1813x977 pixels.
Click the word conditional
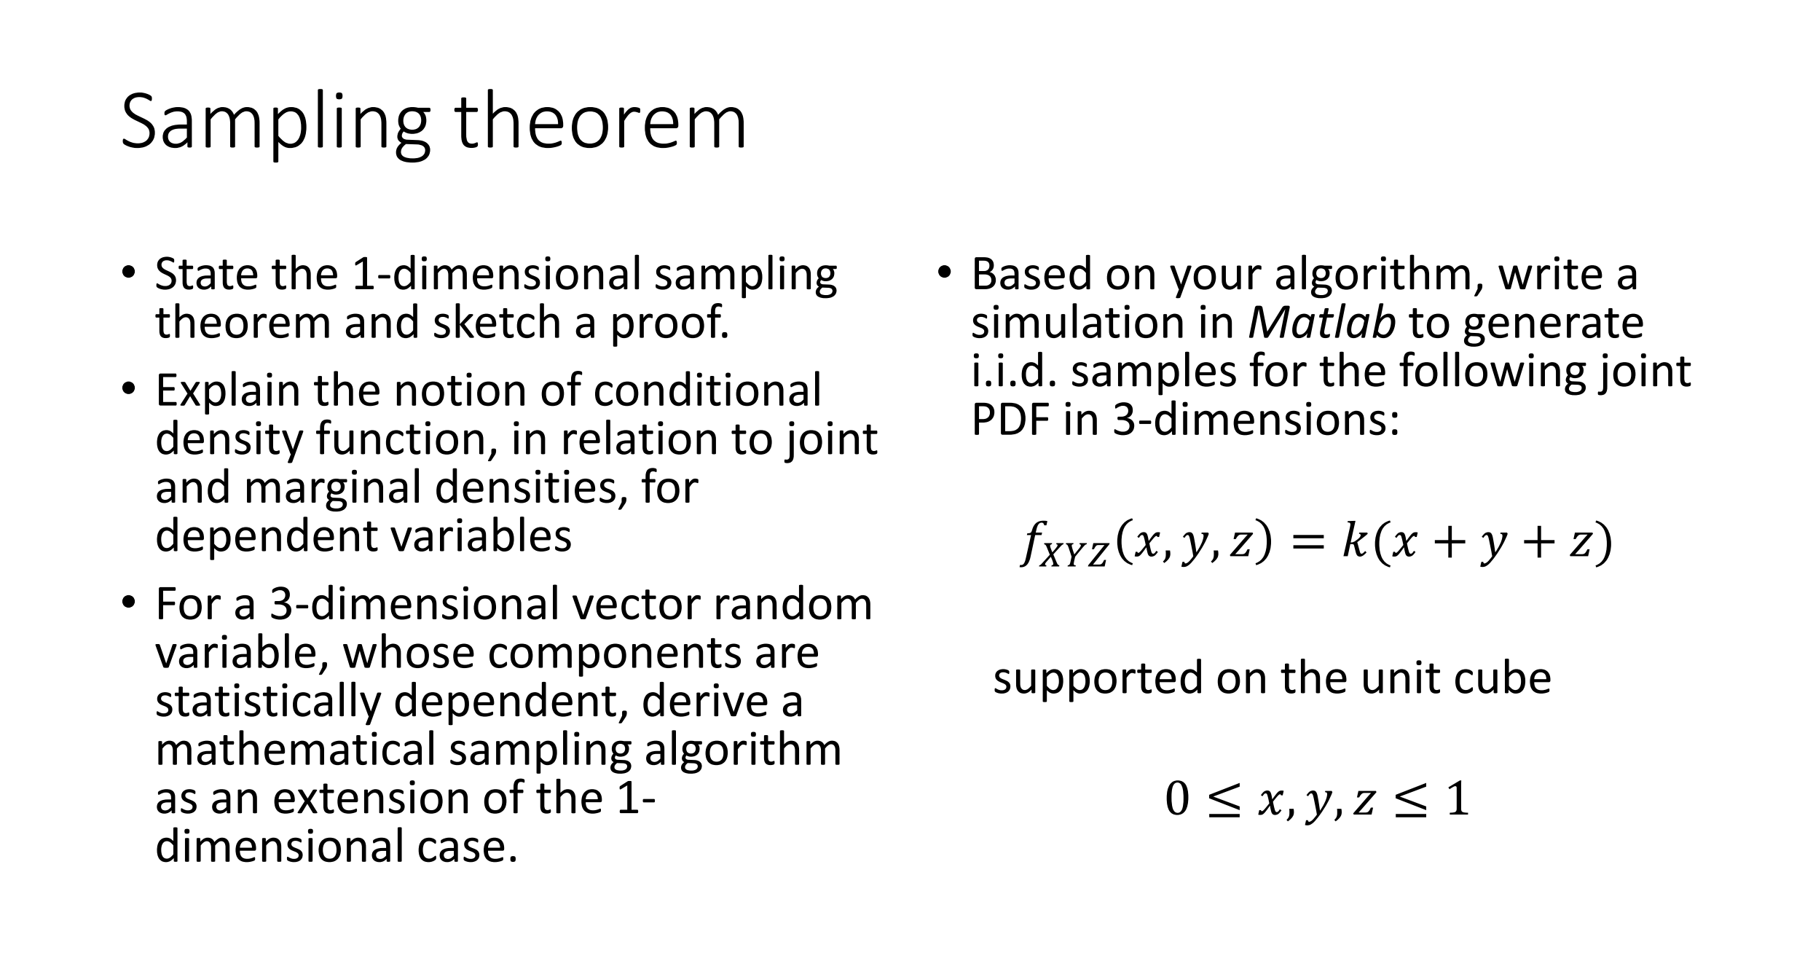tap(707, 390)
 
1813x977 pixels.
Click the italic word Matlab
tap(1321, 322)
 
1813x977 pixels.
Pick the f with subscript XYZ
tap(1064, 546)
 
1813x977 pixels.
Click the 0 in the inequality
tap(1177, 799)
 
